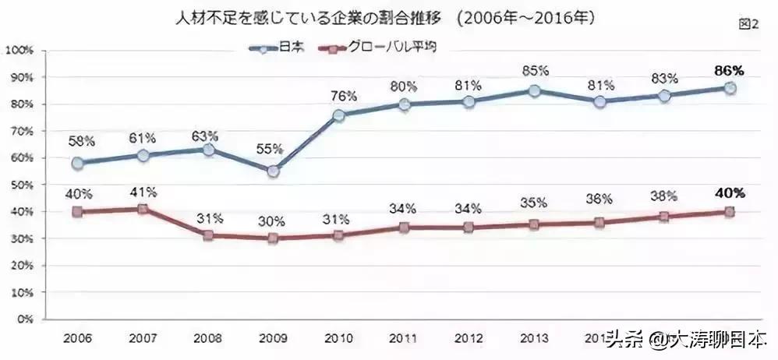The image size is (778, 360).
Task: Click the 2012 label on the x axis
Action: point(469,339)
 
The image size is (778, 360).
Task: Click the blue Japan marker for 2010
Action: point(339,115)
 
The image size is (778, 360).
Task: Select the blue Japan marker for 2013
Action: point(534,90)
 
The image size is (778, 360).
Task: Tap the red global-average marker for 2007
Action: point(143,209)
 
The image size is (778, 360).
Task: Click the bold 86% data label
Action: point(730,70)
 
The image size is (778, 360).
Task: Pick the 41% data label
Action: point(143,191)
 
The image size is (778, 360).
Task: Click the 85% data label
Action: point(535,72)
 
